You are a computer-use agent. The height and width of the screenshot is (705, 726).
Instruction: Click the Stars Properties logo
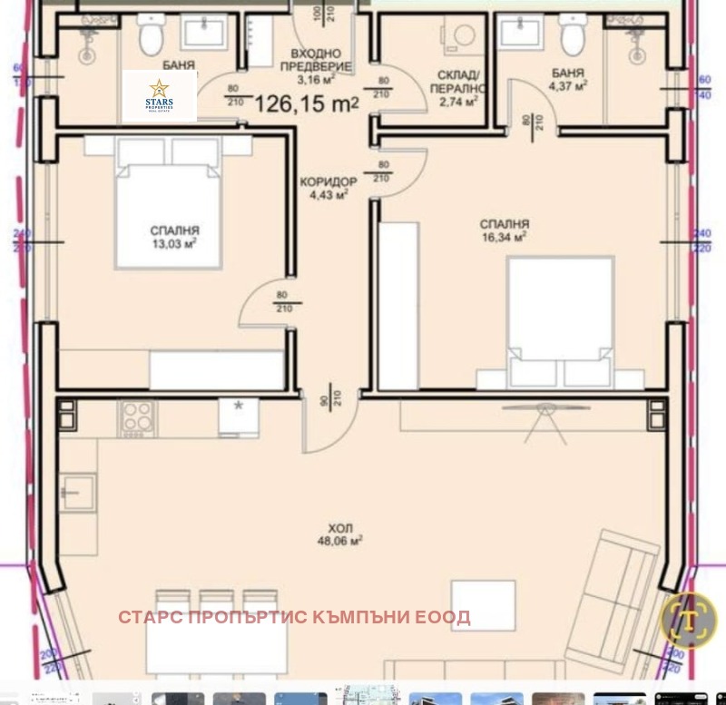point(159,95)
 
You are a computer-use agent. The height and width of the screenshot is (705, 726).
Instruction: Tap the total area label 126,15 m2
point(307,104)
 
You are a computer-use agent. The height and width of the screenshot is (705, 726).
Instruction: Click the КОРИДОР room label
point(328,188)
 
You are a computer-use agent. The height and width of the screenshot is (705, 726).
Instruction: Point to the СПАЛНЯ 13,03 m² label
point(176,237)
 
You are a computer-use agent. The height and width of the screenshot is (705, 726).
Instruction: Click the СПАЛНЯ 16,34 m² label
point(505,230)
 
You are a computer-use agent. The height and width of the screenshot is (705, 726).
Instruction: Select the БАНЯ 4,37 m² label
point(568,79)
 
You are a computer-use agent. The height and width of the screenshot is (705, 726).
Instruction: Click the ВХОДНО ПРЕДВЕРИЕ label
point(316,59)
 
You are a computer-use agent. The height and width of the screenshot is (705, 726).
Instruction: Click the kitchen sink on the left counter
point(78,491)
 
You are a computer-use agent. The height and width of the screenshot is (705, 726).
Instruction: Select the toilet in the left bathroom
point(152,35)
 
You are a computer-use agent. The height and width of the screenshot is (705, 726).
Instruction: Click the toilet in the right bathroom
point(572,35)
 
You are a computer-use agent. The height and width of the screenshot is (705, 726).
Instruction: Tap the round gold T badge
point(690,620)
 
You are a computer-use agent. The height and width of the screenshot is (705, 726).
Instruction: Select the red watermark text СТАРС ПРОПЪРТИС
point(294,618)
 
